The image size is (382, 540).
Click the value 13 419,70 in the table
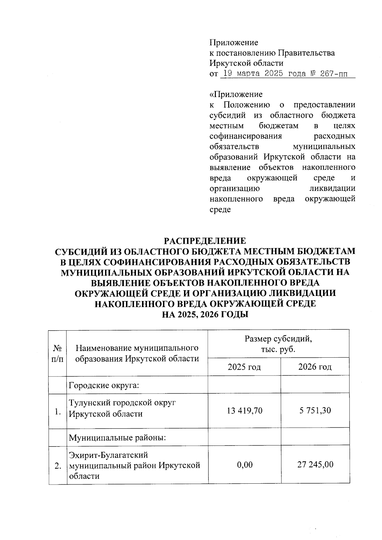pos(244,410)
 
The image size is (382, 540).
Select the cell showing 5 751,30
pos(315,410)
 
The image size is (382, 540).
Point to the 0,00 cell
pos(244,465)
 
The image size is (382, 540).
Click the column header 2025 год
pos(244,367)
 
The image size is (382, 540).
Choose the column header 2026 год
pos(315,367)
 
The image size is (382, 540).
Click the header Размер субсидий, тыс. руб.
pos(278,344)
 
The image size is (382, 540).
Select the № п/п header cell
pos(57,353)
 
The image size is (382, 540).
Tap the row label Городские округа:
pos(104,385)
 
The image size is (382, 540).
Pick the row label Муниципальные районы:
pos(117,438)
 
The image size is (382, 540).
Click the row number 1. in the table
pos(58,412)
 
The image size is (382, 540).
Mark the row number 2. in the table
pos(58,466)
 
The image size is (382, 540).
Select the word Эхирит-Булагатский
pos(109,455)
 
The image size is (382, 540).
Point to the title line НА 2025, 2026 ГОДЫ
pos(205,315)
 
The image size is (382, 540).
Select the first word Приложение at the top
pos(234,42)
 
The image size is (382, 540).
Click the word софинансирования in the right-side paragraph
pos(245,136)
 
